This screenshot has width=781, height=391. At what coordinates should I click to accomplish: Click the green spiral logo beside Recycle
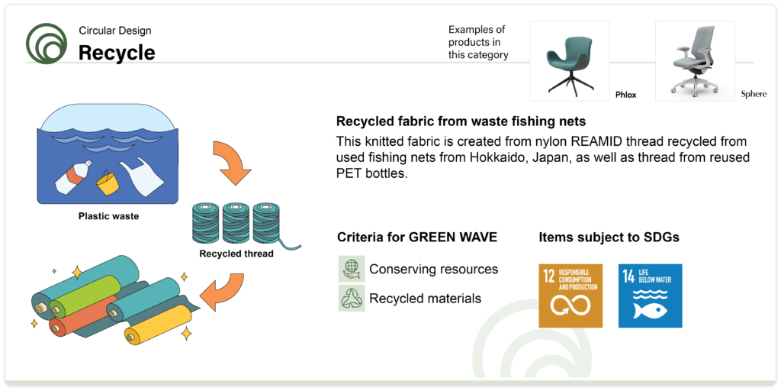(47, 44)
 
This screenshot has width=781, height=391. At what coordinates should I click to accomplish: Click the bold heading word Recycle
(117, 53)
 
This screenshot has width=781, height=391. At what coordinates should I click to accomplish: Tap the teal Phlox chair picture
(569, 61)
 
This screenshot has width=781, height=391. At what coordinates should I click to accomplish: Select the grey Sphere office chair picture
(695, 61)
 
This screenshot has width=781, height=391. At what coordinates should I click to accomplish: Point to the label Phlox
(626, 95)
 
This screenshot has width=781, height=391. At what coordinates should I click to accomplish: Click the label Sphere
(754, 94)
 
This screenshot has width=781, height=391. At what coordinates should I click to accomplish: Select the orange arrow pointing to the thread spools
(230, 161)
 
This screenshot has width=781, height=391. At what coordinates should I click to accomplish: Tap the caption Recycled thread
(236, 254)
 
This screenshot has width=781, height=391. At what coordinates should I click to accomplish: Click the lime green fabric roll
(85, 296)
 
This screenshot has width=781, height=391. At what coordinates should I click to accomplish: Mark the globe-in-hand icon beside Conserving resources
(352, 269)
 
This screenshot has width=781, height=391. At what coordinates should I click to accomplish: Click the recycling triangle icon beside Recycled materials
(352, 299)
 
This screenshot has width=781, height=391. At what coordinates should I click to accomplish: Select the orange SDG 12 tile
(570, 296)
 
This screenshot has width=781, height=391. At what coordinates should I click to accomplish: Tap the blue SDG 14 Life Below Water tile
(650, 296)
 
